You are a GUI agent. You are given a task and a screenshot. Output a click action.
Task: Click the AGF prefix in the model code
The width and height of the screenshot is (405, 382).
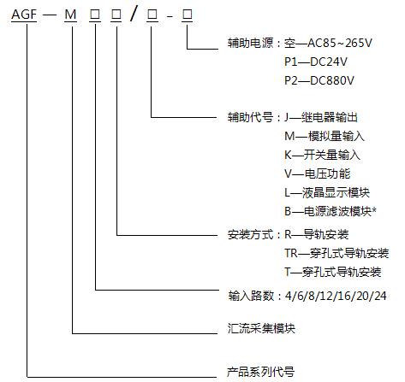tap(24, 15)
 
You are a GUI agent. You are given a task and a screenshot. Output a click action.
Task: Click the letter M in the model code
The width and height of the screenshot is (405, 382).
tap(70, 15)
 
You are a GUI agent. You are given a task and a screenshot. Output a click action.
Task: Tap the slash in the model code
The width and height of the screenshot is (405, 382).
tap(134, 14)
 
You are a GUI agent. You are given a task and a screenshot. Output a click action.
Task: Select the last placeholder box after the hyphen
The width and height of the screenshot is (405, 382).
tap(188, 15)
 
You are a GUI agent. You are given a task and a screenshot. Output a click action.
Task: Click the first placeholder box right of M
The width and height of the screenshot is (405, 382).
tap(95, 15)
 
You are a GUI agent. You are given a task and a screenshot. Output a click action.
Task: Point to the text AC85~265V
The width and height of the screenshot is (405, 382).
tap(340, 43)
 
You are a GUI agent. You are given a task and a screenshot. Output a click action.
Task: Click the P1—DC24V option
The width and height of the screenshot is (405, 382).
tap(316, 62)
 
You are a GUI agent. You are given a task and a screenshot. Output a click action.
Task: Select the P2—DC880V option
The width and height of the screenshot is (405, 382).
tap(319, 80)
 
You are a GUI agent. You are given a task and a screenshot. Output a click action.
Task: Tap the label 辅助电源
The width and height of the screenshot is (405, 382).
tap(250, 43)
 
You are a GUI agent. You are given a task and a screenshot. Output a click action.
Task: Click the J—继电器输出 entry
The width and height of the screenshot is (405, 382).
tap(321, 117)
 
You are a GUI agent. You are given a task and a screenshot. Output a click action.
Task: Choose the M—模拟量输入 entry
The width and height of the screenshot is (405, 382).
tap(325, 136)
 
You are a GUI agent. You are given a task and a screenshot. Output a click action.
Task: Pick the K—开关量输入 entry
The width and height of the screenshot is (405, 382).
tap(322, 155)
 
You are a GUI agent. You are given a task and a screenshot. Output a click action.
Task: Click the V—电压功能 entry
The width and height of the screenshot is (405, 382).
tap(318, 173)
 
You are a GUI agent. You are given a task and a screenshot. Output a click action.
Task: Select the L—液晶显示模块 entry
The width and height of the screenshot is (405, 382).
tap(327, 192)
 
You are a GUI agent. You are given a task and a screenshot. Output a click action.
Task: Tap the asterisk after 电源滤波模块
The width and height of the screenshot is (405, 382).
tap(374, 210)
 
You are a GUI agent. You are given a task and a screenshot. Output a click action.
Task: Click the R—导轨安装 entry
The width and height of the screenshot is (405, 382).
tap(317, 235)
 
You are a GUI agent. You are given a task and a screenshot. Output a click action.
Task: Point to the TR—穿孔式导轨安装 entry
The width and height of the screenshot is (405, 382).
tap(337, 253)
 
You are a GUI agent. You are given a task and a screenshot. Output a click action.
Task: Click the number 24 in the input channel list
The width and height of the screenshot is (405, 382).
tap(380, 296)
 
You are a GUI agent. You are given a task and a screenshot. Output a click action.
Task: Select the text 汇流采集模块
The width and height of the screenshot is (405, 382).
tap(261, 328)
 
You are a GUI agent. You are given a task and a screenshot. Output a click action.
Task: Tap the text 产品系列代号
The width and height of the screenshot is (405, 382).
tap(260, 372)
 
